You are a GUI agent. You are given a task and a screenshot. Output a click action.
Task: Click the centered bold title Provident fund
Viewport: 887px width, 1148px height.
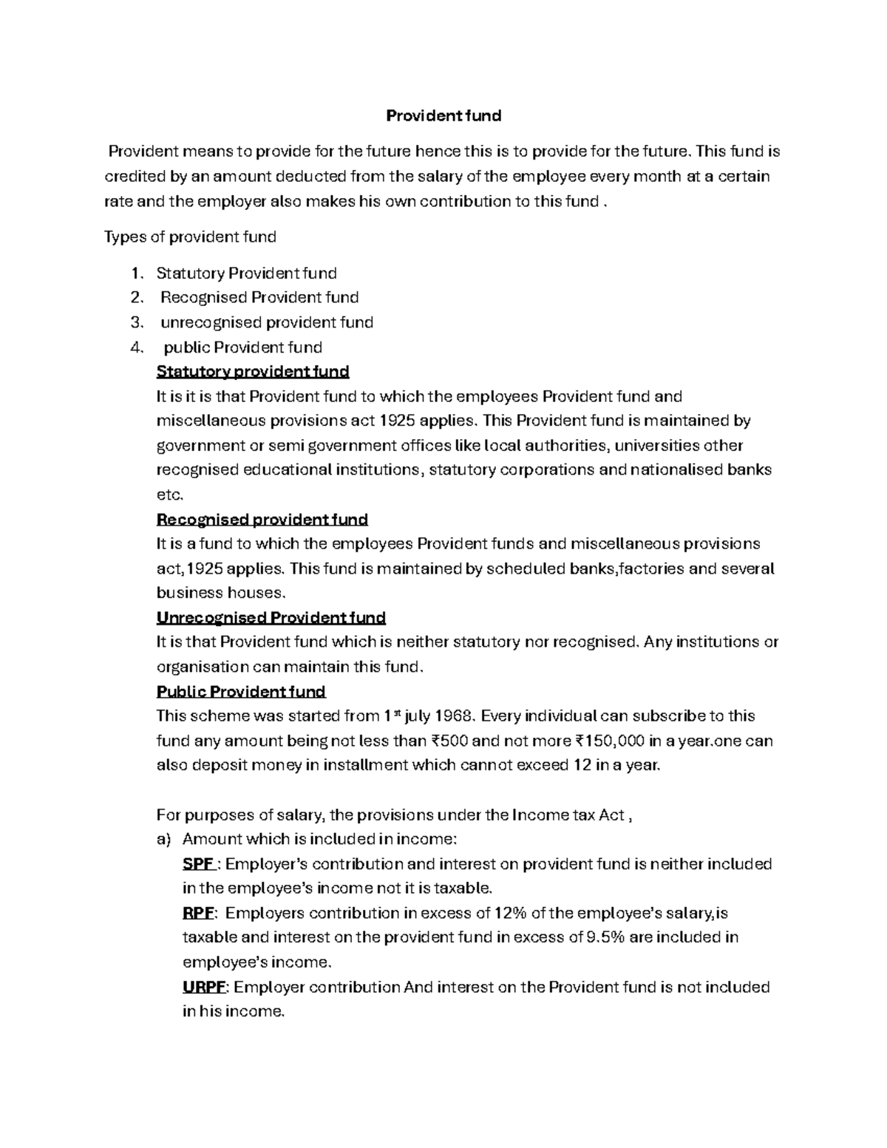point(444,115)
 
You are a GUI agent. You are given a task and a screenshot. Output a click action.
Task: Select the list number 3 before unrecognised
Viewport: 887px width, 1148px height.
point(135,322)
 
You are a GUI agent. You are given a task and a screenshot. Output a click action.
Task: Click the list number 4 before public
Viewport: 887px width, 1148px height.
point(135,347)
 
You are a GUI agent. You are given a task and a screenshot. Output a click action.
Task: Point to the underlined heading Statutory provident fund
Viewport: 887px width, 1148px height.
point(253,371)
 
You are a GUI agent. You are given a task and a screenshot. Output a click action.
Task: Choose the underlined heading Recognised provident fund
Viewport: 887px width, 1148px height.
point(262,519)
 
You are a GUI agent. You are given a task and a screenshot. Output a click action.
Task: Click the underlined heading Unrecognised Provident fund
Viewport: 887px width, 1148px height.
point(271,617)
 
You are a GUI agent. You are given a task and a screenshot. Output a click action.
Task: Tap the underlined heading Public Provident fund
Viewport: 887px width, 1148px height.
point(241,692)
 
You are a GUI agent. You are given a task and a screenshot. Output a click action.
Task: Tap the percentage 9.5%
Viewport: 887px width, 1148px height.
point(605,937)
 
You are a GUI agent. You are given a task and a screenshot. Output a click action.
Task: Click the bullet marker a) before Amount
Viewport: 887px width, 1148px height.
point(163,839)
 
